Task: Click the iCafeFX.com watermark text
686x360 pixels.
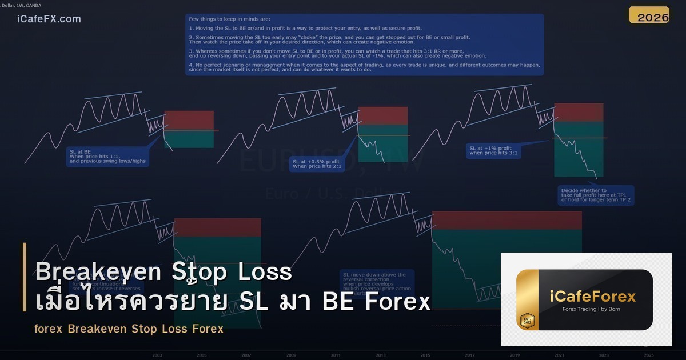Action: (x=49, y=19)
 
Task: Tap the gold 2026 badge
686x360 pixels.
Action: (x=649, y=16)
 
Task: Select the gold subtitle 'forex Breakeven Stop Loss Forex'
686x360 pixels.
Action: (x=129, y=329)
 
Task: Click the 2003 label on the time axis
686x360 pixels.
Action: (x=157, y=355)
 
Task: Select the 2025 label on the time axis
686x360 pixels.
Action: (x=649, y=355)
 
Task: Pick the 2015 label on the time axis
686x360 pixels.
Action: (x=425, y=355)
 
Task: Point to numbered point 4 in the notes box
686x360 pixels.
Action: (x=364, y=67)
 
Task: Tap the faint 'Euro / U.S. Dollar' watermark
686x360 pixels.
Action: (x=332, y=194)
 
